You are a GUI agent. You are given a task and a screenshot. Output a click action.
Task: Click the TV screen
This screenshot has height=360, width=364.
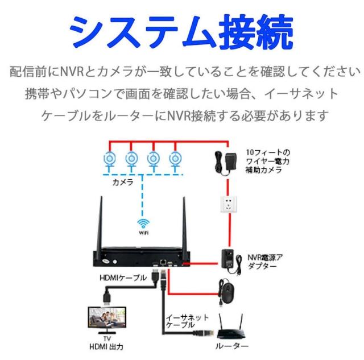[105, 321]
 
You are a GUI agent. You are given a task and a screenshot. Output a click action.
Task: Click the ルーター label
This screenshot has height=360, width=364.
[232, 346]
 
